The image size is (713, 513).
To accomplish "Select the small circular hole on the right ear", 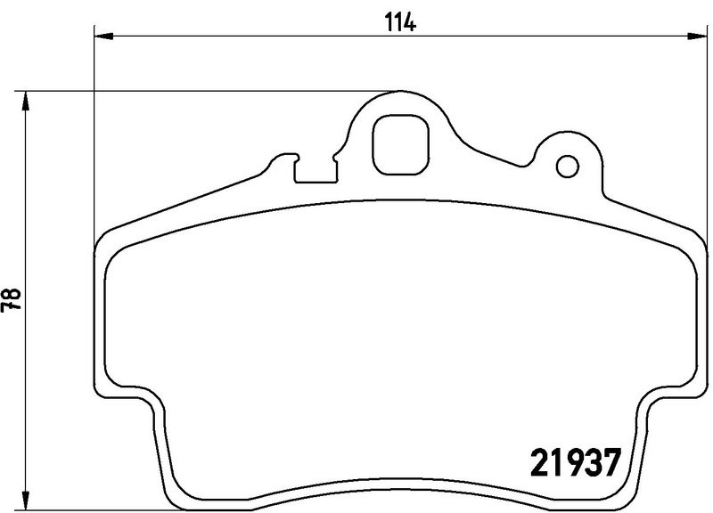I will click(566, 166).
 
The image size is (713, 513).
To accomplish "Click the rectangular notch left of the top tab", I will click(314, 171).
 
